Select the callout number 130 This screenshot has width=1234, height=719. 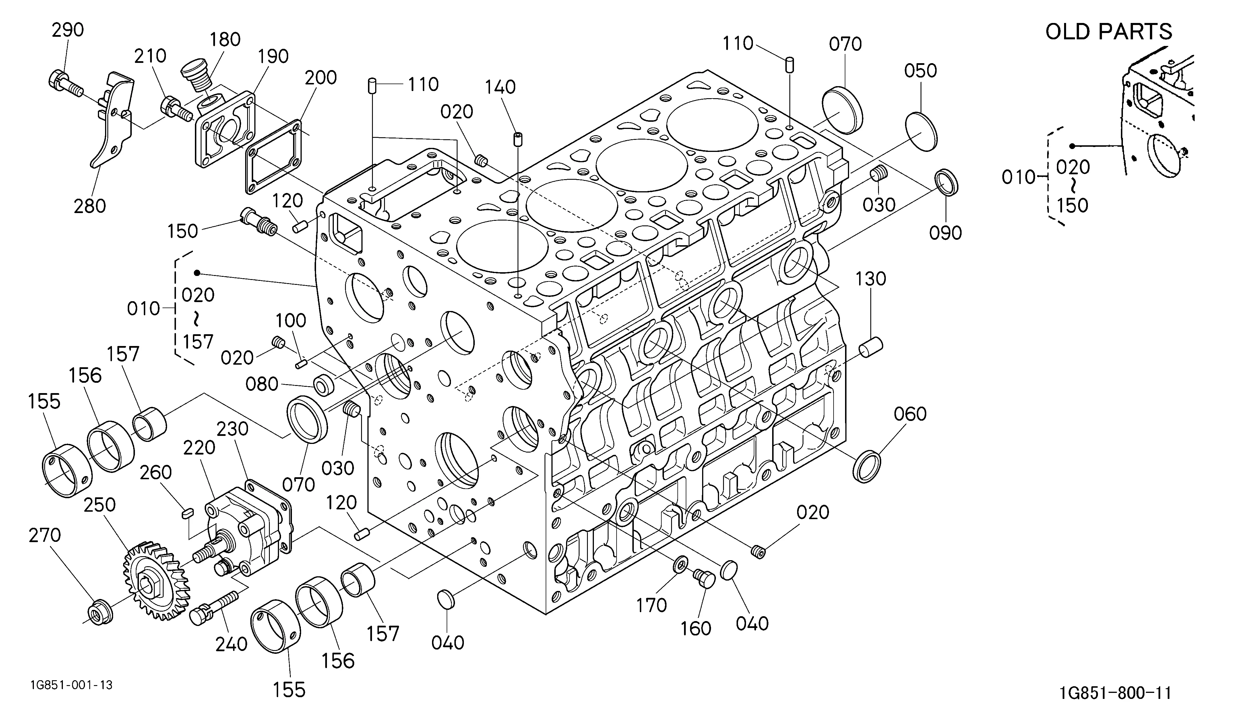click(871, 279)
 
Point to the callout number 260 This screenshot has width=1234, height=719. click(156, 472)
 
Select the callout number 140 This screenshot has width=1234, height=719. click(500, 87)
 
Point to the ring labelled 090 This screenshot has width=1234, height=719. click(947, 183)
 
